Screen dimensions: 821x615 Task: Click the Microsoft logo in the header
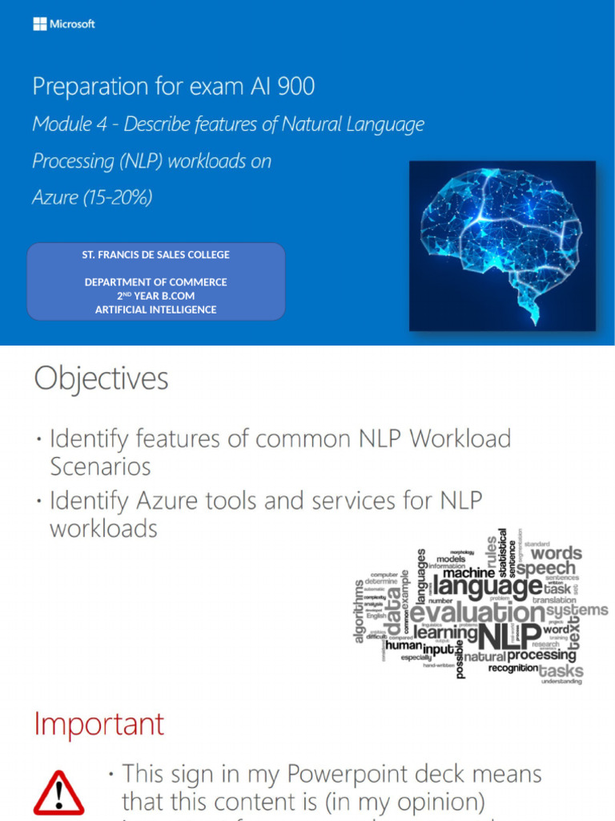[64, 24]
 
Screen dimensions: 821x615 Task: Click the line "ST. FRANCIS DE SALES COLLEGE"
[156, 255]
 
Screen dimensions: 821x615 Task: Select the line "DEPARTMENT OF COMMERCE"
[156, 282]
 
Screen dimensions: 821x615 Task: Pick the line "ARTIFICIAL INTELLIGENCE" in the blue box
[156, 309]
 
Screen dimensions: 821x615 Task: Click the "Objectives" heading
[101, 379]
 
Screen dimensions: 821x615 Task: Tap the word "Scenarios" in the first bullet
[100, 466]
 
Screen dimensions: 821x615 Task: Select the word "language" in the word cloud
[488, 588]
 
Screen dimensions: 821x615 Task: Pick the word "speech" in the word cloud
[545, 568]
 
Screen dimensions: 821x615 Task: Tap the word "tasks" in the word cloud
[561, 670]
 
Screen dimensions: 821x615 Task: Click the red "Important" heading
[98, 724]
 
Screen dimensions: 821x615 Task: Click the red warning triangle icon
[58, 793]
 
